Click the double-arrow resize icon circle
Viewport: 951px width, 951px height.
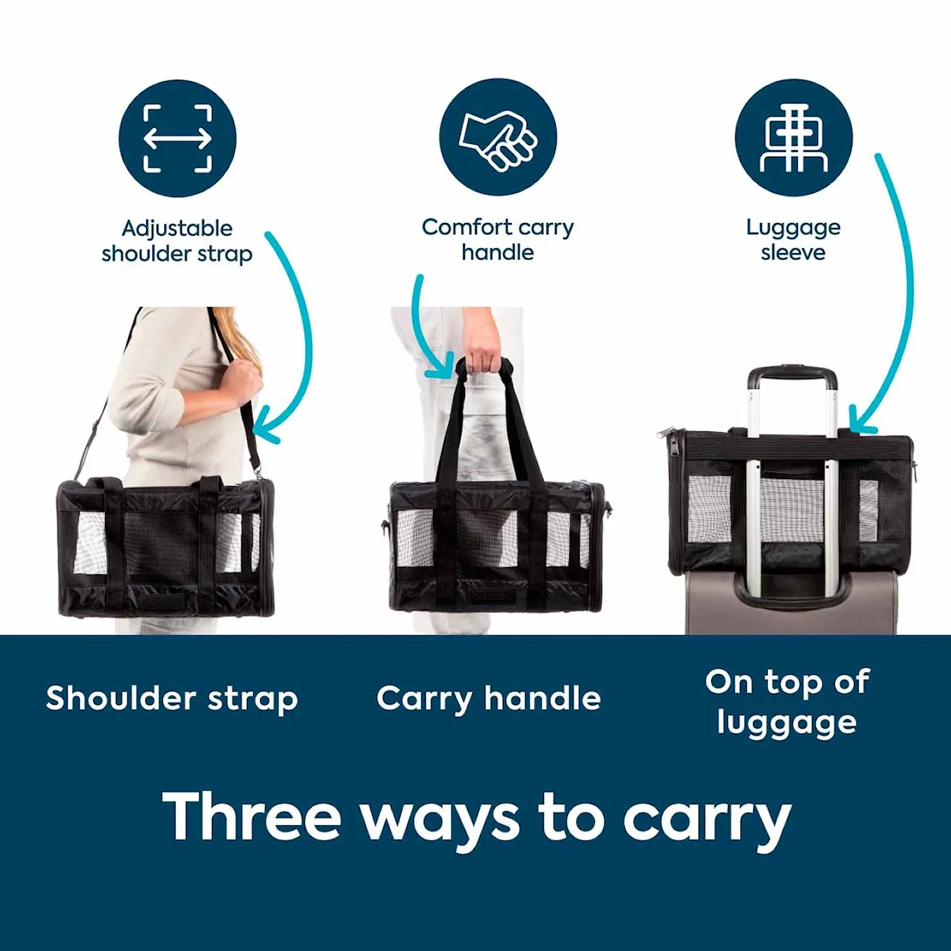[178, 138]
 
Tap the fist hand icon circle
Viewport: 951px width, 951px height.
[498, 137]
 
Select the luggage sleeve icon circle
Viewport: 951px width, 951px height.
[794, 137]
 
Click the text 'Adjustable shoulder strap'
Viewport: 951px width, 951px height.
[177, 241]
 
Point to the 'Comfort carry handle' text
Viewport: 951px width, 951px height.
[498, 239]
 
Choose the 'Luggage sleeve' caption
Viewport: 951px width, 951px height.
[793, 239]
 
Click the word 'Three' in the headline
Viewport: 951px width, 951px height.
[252, 817]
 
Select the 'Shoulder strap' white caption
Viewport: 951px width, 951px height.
[172, 699]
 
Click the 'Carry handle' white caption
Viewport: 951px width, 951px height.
[489, 699]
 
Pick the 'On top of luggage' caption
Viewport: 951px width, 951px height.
[787, 702]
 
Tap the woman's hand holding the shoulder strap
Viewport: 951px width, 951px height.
[241, 382]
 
